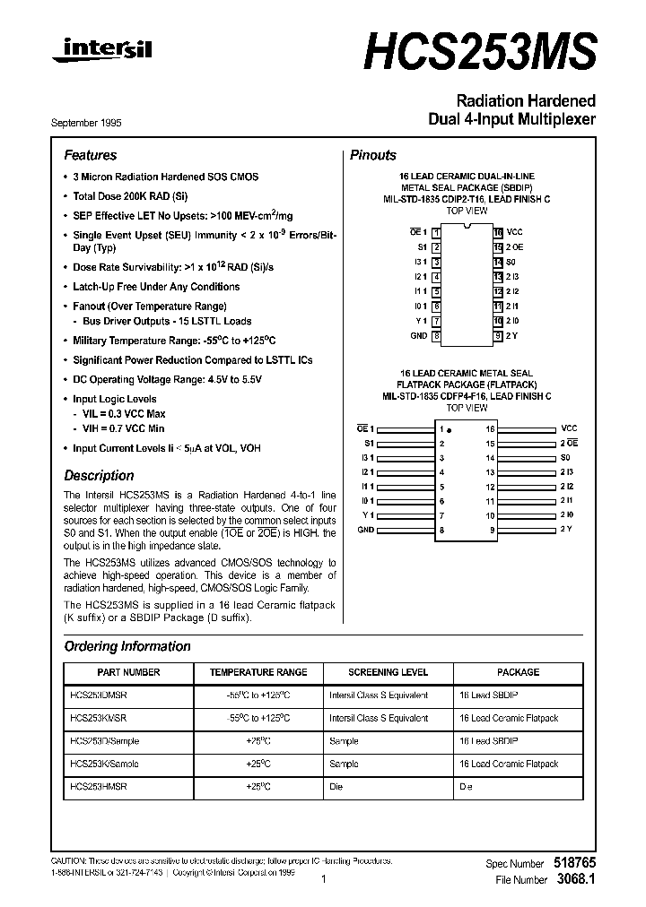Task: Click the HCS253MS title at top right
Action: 479,51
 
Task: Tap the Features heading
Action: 90,155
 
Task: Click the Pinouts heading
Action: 372,155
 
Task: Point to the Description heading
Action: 99,476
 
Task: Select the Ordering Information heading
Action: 127,646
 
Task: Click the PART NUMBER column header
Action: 128,672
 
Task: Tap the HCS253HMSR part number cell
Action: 98,786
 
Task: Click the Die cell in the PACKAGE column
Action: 466,786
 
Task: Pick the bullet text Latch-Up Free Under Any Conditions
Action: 156,287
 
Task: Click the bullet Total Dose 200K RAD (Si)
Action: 130,195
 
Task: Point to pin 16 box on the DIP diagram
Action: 497,232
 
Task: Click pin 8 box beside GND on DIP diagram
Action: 436,336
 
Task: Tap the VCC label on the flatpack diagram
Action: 569,429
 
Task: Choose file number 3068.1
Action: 577,880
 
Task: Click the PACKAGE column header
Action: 518,672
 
